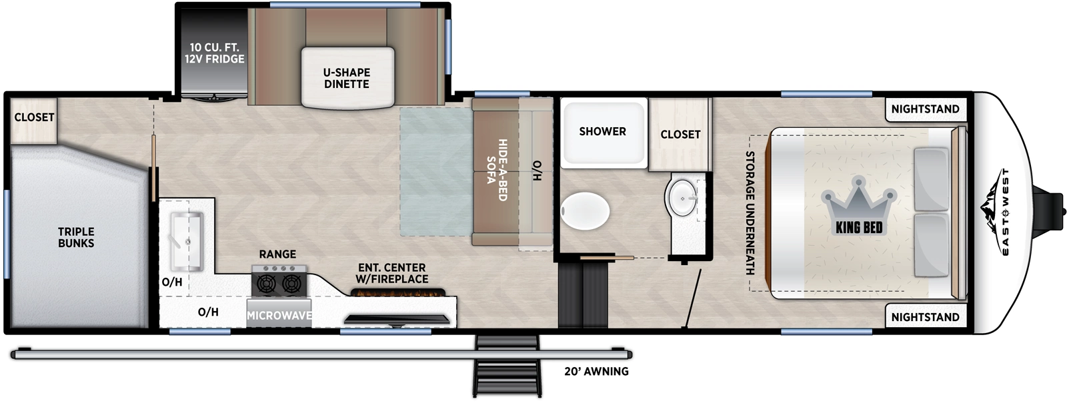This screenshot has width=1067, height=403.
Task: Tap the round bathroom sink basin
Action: pos(681,197)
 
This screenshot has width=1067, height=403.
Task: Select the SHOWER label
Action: pos(602,131)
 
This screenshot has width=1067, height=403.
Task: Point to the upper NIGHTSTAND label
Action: pos(925,109)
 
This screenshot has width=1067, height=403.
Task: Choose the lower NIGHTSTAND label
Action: pos(925,317)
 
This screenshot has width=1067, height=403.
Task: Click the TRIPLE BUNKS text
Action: pos(76,237)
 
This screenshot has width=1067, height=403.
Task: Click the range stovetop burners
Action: pos(279,282)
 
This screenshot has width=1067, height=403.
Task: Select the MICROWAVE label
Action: pos(279,315)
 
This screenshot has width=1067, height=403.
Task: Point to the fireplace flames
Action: pos(398,292)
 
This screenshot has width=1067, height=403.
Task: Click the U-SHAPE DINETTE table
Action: pos(347,78)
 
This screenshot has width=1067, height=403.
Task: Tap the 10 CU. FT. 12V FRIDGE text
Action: pos(214,53)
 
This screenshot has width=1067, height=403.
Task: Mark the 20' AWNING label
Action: pos(596,372)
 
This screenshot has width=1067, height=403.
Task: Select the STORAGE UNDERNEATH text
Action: pos(750,213)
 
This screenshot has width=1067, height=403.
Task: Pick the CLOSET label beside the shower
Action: pos(680,134)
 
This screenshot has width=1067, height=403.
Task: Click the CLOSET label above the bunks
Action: pos(34,117)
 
